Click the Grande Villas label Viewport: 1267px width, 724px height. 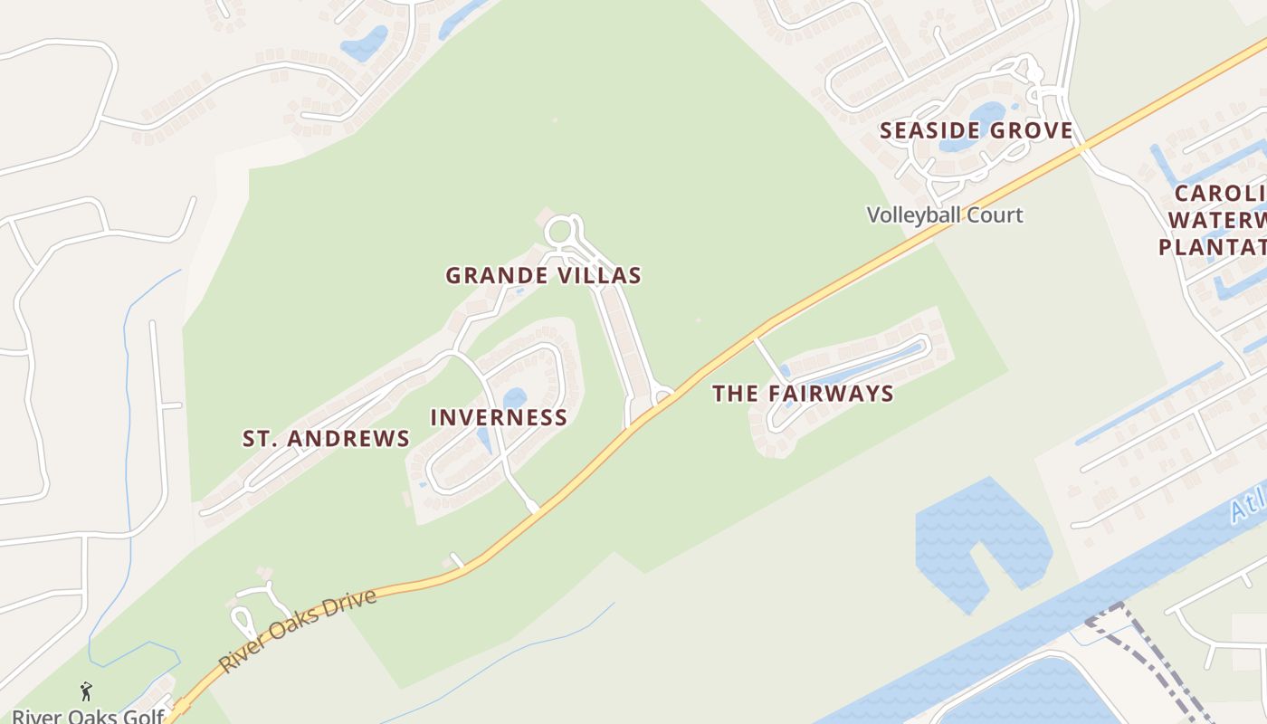[x=543, y=275]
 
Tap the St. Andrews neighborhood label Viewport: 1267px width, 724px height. [x=326, y=439]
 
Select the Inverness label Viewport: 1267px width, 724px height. [x=499, y=417]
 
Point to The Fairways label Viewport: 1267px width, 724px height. [x=803, y=394]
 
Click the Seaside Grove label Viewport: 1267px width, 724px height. [x=976, y=130]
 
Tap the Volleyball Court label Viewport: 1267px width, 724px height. [x=945, y=215]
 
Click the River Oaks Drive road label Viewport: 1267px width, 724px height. [x=298, y=630]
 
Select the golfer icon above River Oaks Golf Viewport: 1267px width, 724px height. [x=87, y=692]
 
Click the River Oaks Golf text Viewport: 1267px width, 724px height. [x=87, y=716]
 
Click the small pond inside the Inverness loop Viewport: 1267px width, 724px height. [x=514, y=398]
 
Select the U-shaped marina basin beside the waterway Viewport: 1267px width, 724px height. [x=982, y=534]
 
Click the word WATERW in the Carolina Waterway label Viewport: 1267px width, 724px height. [x=1216, y=220]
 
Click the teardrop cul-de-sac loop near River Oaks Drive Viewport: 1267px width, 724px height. [x=243, y=622]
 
